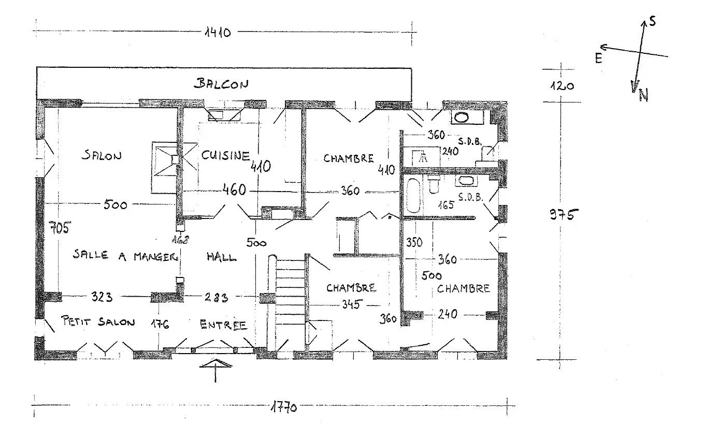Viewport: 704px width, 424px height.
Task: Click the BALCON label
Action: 221,83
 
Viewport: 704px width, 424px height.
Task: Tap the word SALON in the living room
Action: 102,155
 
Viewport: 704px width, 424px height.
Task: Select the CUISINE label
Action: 226,155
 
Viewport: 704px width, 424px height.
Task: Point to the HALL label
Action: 222,257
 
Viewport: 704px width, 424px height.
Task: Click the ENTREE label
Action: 223,325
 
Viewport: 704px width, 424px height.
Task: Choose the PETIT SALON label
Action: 98,321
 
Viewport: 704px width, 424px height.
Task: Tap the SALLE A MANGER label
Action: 125,256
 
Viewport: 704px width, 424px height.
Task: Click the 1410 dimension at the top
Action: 218,32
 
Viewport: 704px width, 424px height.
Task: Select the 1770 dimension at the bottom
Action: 283,407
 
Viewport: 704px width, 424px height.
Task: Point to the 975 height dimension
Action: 564,215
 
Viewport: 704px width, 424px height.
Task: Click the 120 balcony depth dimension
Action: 562,86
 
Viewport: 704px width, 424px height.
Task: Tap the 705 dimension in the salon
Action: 60,227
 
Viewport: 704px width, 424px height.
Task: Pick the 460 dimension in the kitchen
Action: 234,189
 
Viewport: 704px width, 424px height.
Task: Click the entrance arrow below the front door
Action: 215,371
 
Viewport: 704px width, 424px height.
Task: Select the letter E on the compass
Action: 599,59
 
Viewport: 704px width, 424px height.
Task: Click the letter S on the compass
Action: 653,21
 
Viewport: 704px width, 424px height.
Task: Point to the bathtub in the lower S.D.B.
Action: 413,195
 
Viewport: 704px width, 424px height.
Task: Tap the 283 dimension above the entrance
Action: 216,297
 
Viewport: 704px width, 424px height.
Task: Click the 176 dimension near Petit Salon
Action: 160,324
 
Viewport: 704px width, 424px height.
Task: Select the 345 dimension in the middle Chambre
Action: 352,304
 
